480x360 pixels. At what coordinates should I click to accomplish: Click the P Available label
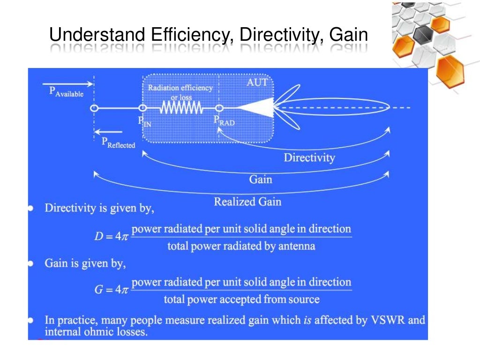click(66, 92)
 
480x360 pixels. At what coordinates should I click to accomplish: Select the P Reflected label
click(118, 142)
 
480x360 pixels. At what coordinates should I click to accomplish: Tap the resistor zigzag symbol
click(181, 108)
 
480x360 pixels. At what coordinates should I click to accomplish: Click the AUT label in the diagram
click(257, 82)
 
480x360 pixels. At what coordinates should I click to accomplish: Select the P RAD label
click(225, 120)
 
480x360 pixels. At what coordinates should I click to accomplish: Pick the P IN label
click(144, 120)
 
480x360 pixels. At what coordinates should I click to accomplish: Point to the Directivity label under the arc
click(309, 157)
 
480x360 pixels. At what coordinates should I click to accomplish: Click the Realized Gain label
click(247, 202)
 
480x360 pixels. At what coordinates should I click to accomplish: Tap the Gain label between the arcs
click(261, 180)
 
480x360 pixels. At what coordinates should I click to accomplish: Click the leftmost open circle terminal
click(94, 108)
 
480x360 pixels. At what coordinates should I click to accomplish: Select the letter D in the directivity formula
click(98, 237)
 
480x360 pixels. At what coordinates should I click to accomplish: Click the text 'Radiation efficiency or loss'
click(180, 92)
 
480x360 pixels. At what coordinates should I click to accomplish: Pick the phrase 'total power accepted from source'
click(241, 300)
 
